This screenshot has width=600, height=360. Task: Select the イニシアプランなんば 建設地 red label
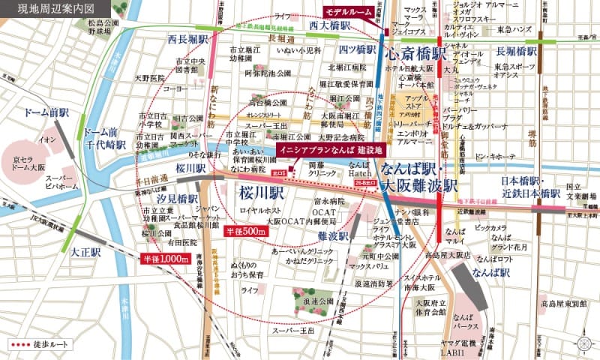pos(328,150)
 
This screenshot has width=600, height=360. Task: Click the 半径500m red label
pos(248,232)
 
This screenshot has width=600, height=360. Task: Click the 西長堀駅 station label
pos(186,38)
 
